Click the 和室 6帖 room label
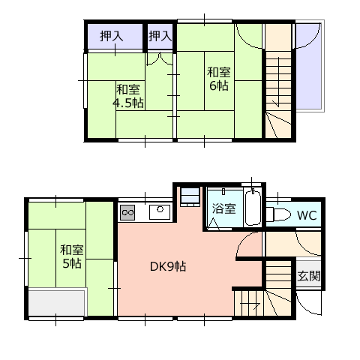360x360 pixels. click(219, 79)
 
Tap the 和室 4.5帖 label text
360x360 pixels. click(128, 96)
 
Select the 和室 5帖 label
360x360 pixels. click(72, 256)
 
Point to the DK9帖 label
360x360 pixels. click(168, 266)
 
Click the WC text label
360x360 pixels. click(307, 215)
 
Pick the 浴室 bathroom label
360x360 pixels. click(224, 208)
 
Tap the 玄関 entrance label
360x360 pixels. click(309, 276)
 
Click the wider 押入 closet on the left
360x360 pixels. click(115, 37)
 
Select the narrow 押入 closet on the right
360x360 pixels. click(160, 37)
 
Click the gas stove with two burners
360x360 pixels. click(127, 212)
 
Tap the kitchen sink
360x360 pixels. click(160, 212)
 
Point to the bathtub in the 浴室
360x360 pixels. click(253, 208)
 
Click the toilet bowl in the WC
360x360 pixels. click(279, 214)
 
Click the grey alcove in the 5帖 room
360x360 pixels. click(57, 302)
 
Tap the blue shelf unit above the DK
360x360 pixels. click(190, 196)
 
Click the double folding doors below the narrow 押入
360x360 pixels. click(159, 59)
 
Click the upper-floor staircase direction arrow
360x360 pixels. click(278, 82)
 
